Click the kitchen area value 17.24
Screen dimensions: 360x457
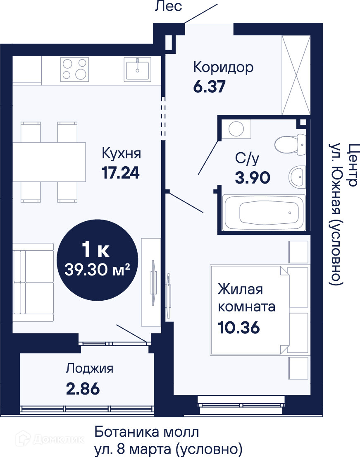(121, 172)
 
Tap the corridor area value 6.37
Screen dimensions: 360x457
(210, 86)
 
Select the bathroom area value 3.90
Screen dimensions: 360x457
(253, 177)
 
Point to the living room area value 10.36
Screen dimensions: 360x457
(239, 328)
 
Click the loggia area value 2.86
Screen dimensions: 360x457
(83, 389)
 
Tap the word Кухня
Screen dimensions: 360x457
(121, 153)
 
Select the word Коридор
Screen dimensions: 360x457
(223, 67)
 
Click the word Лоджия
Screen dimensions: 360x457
(89, 368)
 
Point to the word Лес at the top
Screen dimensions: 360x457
(168, 6)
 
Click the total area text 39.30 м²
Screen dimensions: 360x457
(97, 269)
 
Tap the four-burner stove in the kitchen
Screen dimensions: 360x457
(74, 69)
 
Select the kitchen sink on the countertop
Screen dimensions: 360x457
(138, 69)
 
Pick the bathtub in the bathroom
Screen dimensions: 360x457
(264, 213)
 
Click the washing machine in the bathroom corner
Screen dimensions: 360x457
(236, 129)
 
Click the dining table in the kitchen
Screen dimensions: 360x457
(49, 162)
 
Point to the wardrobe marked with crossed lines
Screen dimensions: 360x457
(296, 75)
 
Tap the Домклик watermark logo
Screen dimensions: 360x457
(50, 439)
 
